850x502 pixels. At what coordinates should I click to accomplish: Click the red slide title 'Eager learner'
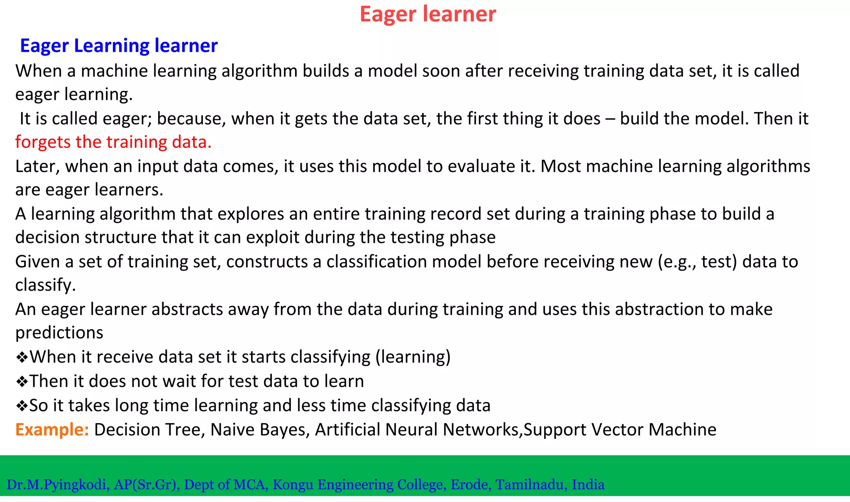(427, 14)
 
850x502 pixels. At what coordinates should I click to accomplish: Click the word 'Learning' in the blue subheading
(111, 45)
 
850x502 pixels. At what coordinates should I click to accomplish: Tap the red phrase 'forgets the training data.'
(113, 142)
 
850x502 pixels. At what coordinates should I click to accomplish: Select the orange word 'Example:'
(52, 429)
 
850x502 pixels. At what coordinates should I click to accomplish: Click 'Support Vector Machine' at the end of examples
(620, 429)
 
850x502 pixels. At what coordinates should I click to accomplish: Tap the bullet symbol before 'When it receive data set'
(22, 357)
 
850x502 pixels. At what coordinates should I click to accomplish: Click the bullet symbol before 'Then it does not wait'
(22, 381)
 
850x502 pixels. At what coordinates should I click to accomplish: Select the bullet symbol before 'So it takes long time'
(22, 406)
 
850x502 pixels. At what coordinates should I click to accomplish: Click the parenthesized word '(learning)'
(413, 357)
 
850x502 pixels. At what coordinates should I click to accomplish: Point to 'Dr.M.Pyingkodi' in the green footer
(58, 485)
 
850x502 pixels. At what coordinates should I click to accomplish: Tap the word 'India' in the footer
(588, 485)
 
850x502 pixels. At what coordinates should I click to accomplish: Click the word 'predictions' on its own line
(59, 333)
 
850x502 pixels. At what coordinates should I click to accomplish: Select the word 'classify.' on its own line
(46, 285)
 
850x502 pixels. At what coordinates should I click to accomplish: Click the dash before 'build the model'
(610, 119)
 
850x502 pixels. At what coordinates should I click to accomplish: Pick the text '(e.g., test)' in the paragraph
(697, 262)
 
